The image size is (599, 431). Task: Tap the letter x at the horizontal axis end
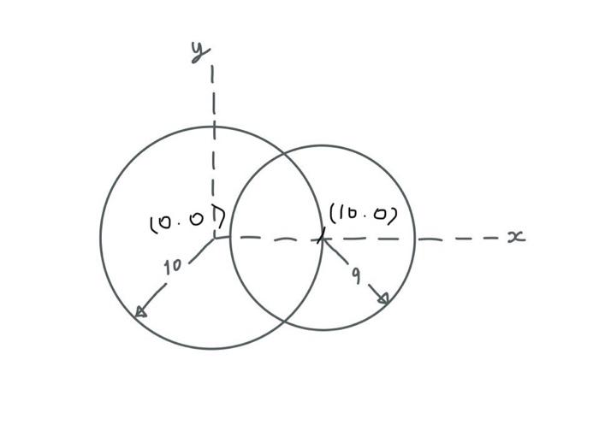[x=515, y=236]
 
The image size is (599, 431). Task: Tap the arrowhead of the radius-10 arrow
[x=140, y=312]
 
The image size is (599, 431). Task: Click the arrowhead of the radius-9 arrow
[x=384, y=298]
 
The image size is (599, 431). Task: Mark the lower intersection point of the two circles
[x=283, y=321]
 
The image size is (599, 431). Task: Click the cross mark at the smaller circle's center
[x=322, y=237]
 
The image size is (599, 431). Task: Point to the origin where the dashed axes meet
[x=214, y=237]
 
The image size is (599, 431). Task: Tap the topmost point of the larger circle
[x=212, y=127]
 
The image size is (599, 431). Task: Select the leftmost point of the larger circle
[x=100, y=237]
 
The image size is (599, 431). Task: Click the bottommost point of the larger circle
[x=212, y=349]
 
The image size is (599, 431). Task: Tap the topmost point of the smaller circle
[x=323, y=145]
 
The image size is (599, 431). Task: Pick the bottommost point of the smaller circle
[x=323, y=330]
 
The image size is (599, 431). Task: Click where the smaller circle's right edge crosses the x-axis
[x=415, y=239]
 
